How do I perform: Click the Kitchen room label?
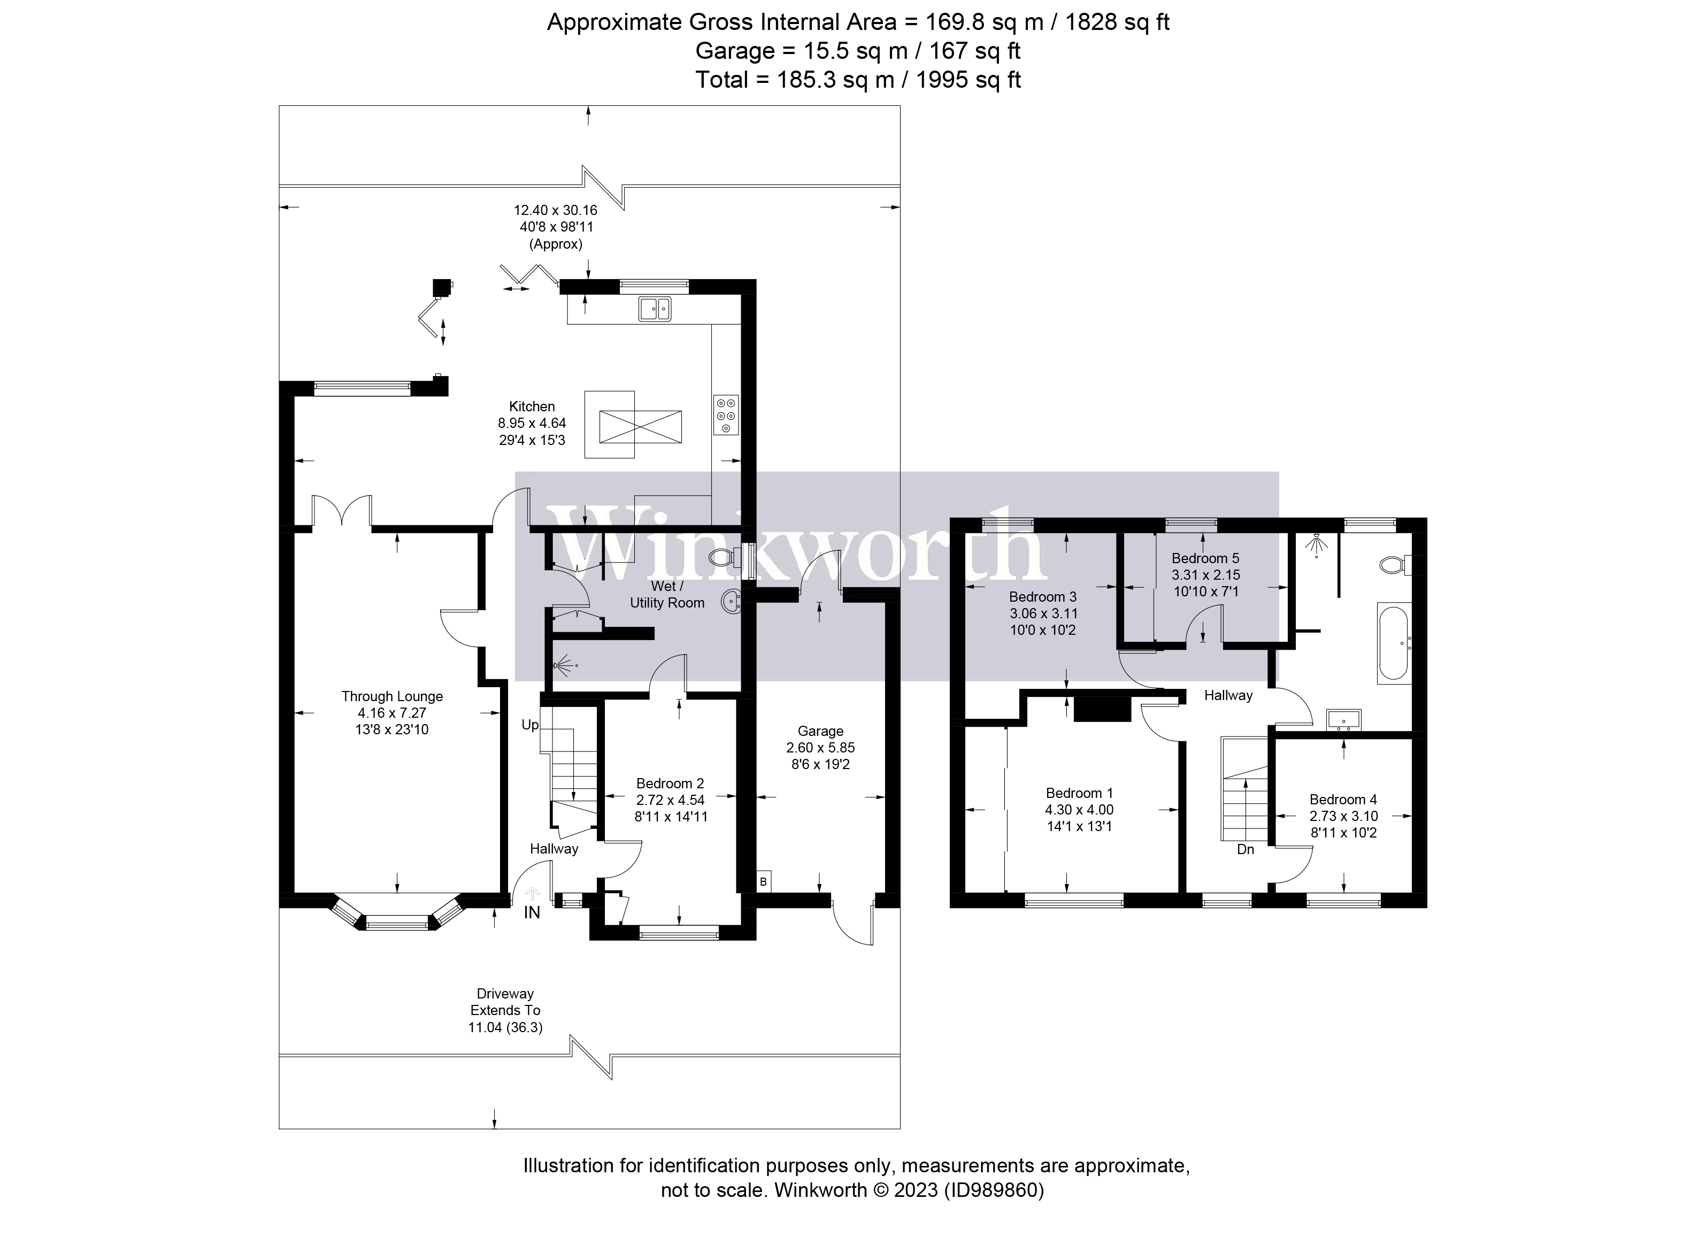tap(532, 406)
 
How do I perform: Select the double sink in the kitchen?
tap(655, 309)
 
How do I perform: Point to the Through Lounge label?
tap(392, 697)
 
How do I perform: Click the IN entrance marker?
tap(532, 913)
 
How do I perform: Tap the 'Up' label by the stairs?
tap(531, 725)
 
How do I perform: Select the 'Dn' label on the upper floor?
tap(1246, 849)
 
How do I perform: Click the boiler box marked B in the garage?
tap(764, 882)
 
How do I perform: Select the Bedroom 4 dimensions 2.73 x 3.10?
tap(1343, 817)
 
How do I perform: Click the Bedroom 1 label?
tap(1079, 793)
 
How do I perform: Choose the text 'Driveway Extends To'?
tap(505, 1002)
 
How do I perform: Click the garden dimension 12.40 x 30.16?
tap(555, 210)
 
